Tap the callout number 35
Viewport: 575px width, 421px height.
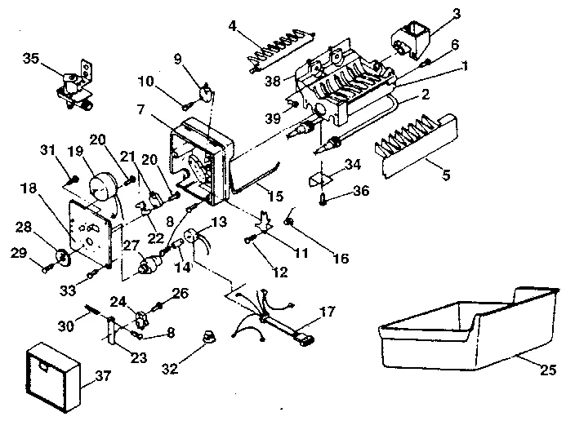pos(31,59)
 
